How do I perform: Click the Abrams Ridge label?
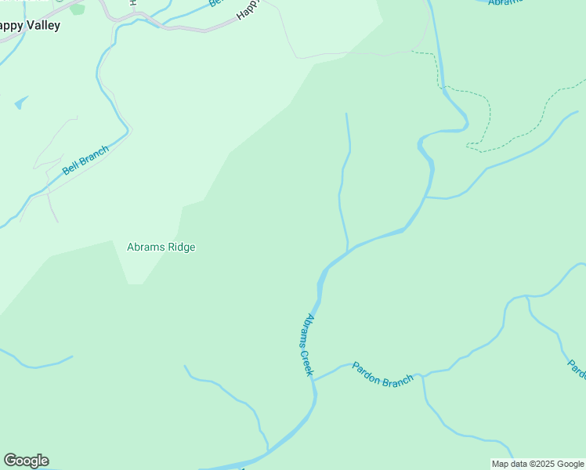click(x=161, y=247)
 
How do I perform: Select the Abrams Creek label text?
click(x=307, y=345)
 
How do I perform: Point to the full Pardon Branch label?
click(x=382, y=374)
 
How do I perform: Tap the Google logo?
click(x=26, y=461)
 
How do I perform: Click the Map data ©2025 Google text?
click(x=537, y=464)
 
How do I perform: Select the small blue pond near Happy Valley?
click(x=20, y=102)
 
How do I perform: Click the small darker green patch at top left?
click(x=77, y=9)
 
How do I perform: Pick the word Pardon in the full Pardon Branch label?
click(x=367, y=370)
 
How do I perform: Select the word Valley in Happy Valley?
click(x=44, y=25)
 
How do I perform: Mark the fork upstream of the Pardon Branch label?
click(x=422, y=376)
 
